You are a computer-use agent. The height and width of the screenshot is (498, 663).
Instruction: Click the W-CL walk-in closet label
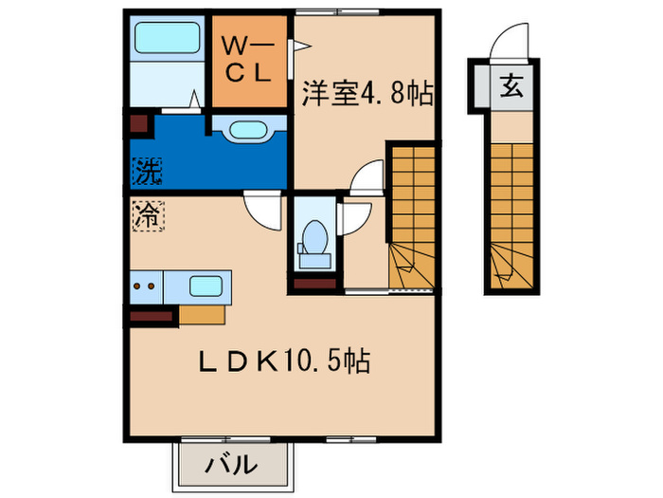(248, 59)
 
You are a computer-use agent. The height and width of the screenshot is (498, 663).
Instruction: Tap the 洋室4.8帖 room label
(367, 94)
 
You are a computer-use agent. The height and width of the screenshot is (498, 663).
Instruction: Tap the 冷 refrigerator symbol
(146, 214)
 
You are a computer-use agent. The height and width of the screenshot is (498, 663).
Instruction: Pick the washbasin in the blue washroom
(247, 129)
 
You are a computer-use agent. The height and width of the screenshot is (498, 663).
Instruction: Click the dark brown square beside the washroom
(138, 124)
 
